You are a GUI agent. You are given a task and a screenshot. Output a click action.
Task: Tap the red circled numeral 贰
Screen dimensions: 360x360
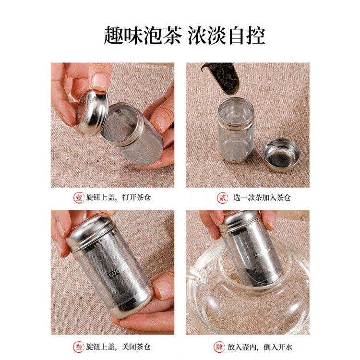pyautogui.click(x=221, y=197)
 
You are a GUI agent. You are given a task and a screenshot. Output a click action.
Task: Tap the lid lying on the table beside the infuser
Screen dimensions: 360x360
pyautogui.click(x=282, y=155)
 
